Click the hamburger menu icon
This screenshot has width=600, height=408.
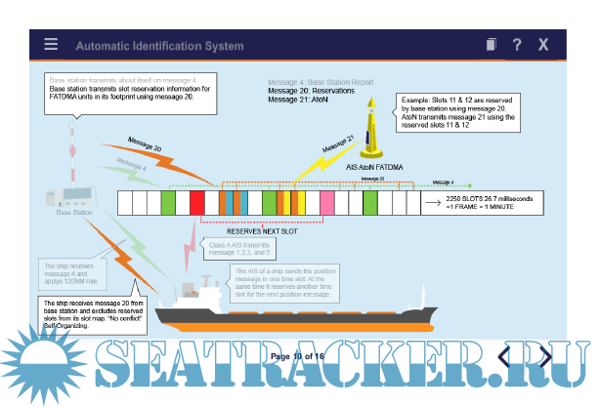click(x=51, y=45)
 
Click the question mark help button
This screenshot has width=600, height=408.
click(x=517, y=45)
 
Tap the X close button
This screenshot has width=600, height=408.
click(x=543, y=45)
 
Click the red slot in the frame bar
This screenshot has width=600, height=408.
click(x=197, y=203)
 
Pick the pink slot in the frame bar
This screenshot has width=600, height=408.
click(x=326, y=203)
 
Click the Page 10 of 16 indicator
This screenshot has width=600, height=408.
click(x=299, y=355)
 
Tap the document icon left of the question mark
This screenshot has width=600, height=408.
click(x=492, y=45)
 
